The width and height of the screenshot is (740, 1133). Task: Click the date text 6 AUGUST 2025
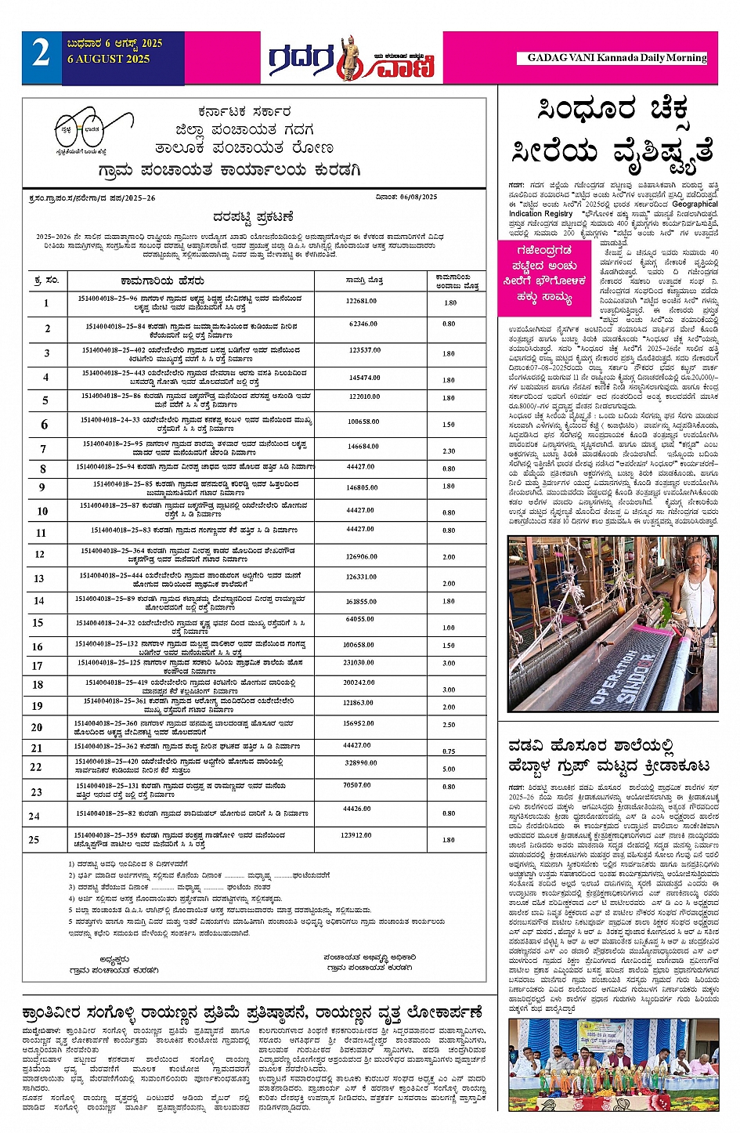[108, 60]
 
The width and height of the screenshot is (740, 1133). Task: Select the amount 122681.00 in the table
[361, 301]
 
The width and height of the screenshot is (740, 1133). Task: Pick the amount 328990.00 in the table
[361, 762]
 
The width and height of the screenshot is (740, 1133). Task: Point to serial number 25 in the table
[34, 839]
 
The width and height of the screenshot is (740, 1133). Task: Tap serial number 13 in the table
[38, 578]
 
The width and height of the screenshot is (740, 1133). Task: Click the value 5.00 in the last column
[449, 769]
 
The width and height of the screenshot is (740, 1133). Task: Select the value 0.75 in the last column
[449, 751]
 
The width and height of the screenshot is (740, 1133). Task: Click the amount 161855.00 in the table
[361, 602]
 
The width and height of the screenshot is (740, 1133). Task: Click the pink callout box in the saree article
[549, 274]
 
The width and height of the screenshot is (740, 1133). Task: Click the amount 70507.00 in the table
[357, 785]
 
